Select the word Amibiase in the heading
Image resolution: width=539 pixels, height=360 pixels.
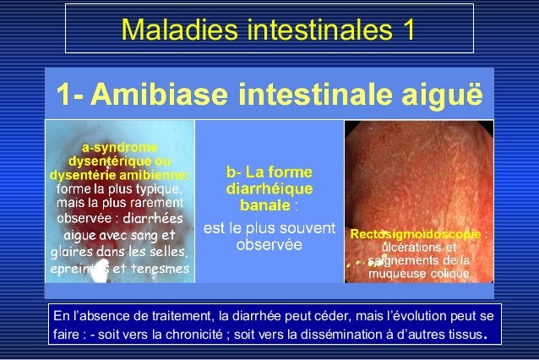162,91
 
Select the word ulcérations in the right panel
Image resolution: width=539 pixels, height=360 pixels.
411,247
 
